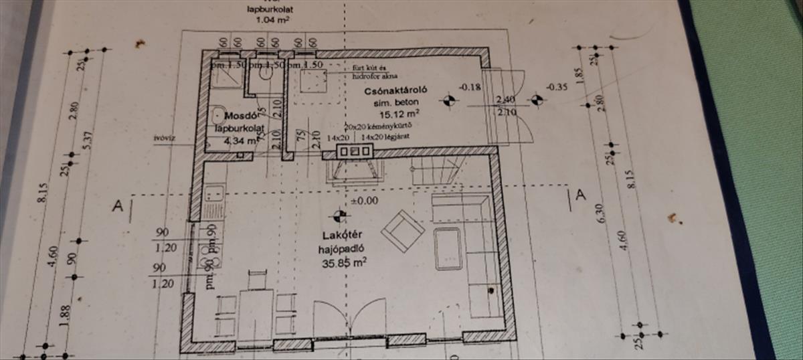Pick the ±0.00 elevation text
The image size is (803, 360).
[363, 199]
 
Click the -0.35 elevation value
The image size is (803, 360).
[557, 86]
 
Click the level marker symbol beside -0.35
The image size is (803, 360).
[535, 100]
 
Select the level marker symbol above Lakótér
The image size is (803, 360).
[340, 215]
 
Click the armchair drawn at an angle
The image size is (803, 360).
[402, 230]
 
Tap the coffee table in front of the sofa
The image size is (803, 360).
[447, 248]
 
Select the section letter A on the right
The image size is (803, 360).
[580, 195]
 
